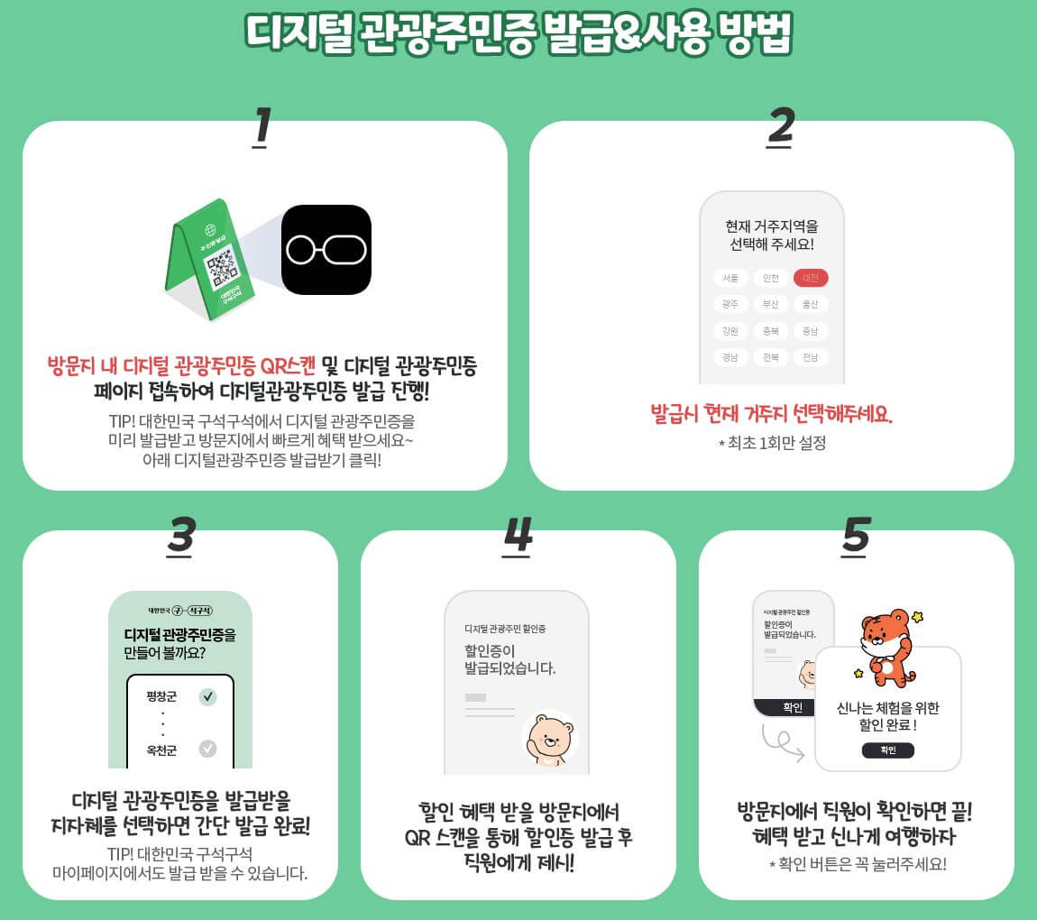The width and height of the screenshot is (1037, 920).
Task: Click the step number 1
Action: [262, 126]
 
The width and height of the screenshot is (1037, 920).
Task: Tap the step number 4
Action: [518, 536]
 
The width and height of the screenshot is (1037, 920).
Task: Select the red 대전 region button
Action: [811, 278]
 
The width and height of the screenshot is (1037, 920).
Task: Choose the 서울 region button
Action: [730, 278]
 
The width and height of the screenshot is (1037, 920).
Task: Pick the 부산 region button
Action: [770, 304]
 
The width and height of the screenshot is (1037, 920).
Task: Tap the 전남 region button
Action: [811, 357]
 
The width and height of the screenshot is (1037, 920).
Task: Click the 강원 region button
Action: [730, 331]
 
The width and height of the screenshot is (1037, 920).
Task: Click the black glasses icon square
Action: [326, 250]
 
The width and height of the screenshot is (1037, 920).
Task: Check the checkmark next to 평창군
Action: [208, 696]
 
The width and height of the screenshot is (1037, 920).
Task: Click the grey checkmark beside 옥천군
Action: [208, 749]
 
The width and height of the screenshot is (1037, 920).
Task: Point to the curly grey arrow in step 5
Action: [781, 741]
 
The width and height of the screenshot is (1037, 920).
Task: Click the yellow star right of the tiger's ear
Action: [918, 617]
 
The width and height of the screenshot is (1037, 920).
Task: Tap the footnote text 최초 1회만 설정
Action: [772, 443]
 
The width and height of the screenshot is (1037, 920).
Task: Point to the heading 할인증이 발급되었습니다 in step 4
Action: [509, 659]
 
